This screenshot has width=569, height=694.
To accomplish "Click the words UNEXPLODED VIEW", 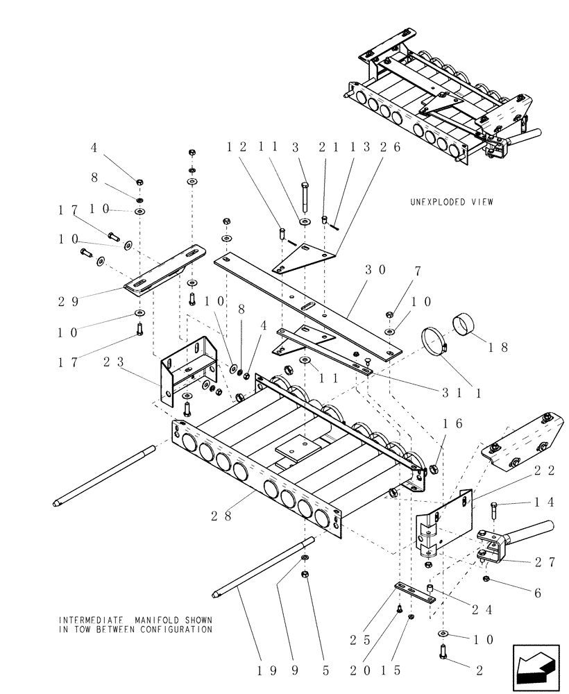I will click(451, 202).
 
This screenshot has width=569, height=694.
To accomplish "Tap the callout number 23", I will click(113, 361).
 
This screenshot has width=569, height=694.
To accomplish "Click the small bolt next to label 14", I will click(494, 513).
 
